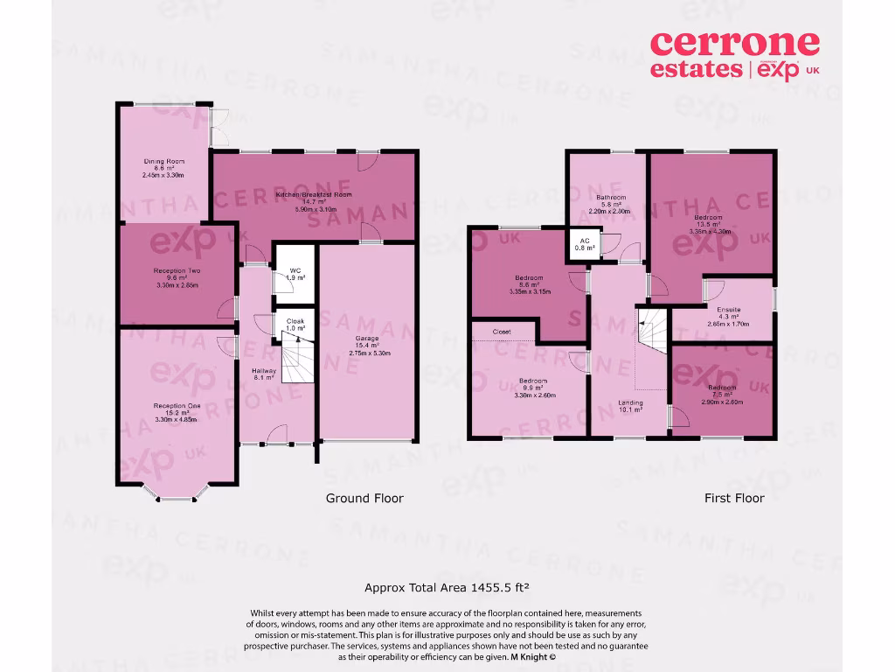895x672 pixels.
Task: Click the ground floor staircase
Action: click(x=296, y=361)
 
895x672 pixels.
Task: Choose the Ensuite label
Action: click(x=729, y=316)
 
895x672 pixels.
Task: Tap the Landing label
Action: click(x=631, y=405)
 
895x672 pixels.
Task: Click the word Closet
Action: click(x=502, y=332)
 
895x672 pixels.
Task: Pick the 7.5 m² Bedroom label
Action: click(x=722, y=393)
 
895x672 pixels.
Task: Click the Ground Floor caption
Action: click(x=364, y=498)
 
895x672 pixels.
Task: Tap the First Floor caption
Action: click(x=734, y=498)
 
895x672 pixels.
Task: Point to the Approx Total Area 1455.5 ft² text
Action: click(x=448, y=588)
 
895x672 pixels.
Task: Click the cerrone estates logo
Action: click(x=735, y=54)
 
